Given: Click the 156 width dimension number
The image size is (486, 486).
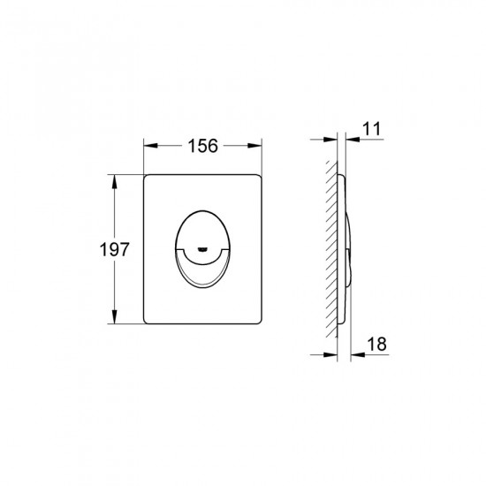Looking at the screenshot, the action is (203, 146).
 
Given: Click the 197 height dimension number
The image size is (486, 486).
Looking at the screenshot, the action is (114, 249).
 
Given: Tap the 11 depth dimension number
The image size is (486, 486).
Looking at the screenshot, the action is (371, 129).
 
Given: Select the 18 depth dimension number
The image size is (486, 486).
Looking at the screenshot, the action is (377, 344).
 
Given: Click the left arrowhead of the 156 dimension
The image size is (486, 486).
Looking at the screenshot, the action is (150, 146).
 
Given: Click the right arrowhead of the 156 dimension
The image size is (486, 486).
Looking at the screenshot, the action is (254, 146).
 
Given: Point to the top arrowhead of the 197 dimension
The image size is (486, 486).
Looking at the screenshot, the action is (114, 182).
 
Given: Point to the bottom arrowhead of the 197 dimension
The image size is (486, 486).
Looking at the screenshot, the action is (114, 316).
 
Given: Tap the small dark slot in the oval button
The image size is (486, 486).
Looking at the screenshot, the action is (202, 248).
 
